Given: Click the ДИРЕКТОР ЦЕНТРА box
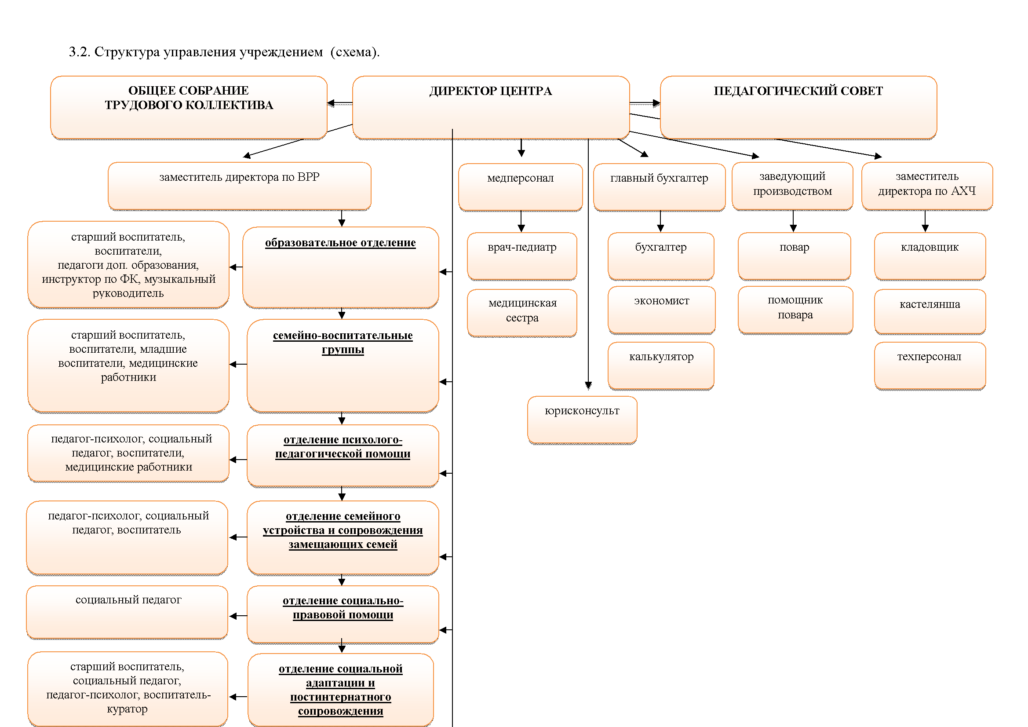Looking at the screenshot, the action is (491, 107).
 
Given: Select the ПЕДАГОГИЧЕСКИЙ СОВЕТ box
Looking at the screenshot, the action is (798, 107).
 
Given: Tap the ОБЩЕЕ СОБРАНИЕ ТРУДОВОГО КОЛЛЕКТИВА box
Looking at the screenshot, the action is (189, 107).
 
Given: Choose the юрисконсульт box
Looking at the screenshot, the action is (582, 420).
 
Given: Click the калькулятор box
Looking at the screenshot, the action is (661, 365).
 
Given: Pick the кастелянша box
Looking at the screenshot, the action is (930, 311).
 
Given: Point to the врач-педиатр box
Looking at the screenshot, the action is (522, 256).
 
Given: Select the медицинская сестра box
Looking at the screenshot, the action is (522, 313).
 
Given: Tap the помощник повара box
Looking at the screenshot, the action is (795, 310).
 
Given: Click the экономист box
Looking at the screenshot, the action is (661, 310).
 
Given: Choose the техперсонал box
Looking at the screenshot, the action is (930, 366).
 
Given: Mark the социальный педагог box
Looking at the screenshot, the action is (127, 612).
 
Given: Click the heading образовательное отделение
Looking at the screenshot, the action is (340, 243).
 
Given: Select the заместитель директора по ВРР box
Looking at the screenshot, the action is (240, 186).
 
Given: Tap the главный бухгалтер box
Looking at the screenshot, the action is (659, 187).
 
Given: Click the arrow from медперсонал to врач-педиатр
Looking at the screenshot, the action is (521, 221).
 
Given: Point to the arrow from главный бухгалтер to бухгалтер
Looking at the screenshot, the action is (660, 221).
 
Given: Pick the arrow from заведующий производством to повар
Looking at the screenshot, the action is (793, 221).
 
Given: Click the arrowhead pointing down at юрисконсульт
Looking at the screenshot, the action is (588, 386).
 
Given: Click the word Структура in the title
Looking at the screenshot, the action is (127, 52).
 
